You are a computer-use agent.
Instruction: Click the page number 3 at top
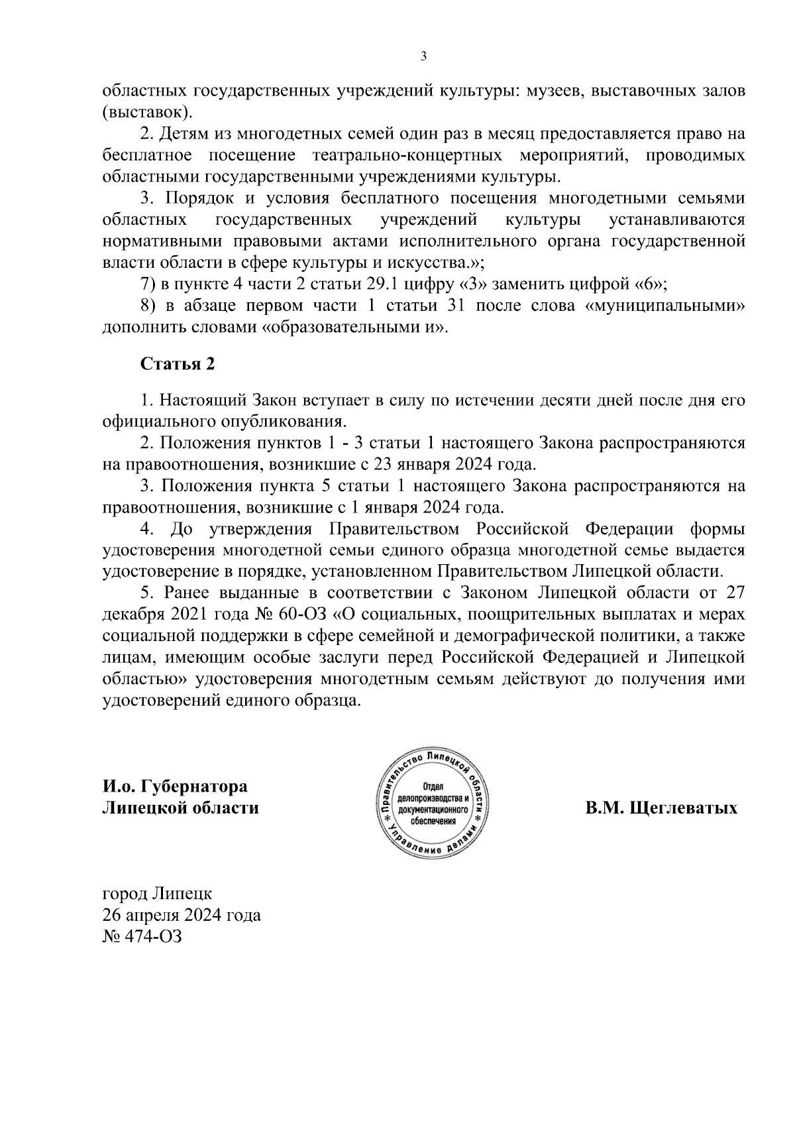tap(423, 57)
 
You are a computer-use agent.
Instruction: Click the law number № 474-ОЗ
tap(142, 937)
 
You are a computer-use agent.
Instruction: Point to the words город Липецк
tap(158, 894)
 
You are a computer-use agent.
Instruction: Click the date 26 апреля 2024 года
tap(182, 916)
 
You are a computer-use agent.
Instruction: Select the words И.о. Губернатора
tap(175, 786)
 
